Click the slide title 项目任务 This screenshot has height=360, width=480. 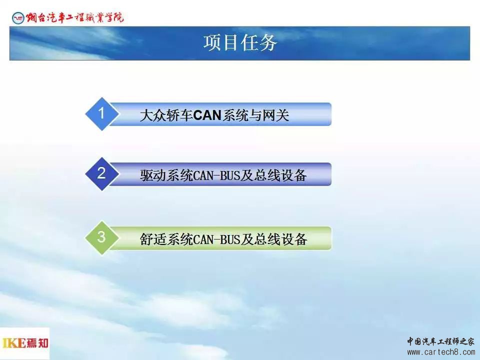[x=240, y=42]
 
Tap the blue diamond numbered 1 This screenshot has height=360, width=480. [x=101, y=114]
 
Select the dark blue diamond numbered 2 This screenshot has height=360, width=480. [x=101, y=174]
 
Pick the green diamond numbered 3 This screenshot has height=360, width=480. [x=101, y=237]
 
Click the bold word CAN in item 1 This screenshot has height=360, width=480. [x=207, y=115]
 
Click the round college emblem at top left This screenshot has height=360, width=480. [x=18, y=18]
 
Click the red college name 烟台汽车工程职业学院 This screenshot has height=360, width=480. [x=74, y=17]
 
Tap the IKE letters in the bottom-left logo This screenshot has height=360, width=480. [x=14, y=343]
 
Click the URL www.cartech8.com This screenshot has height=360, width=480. [x=441, y=352]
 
